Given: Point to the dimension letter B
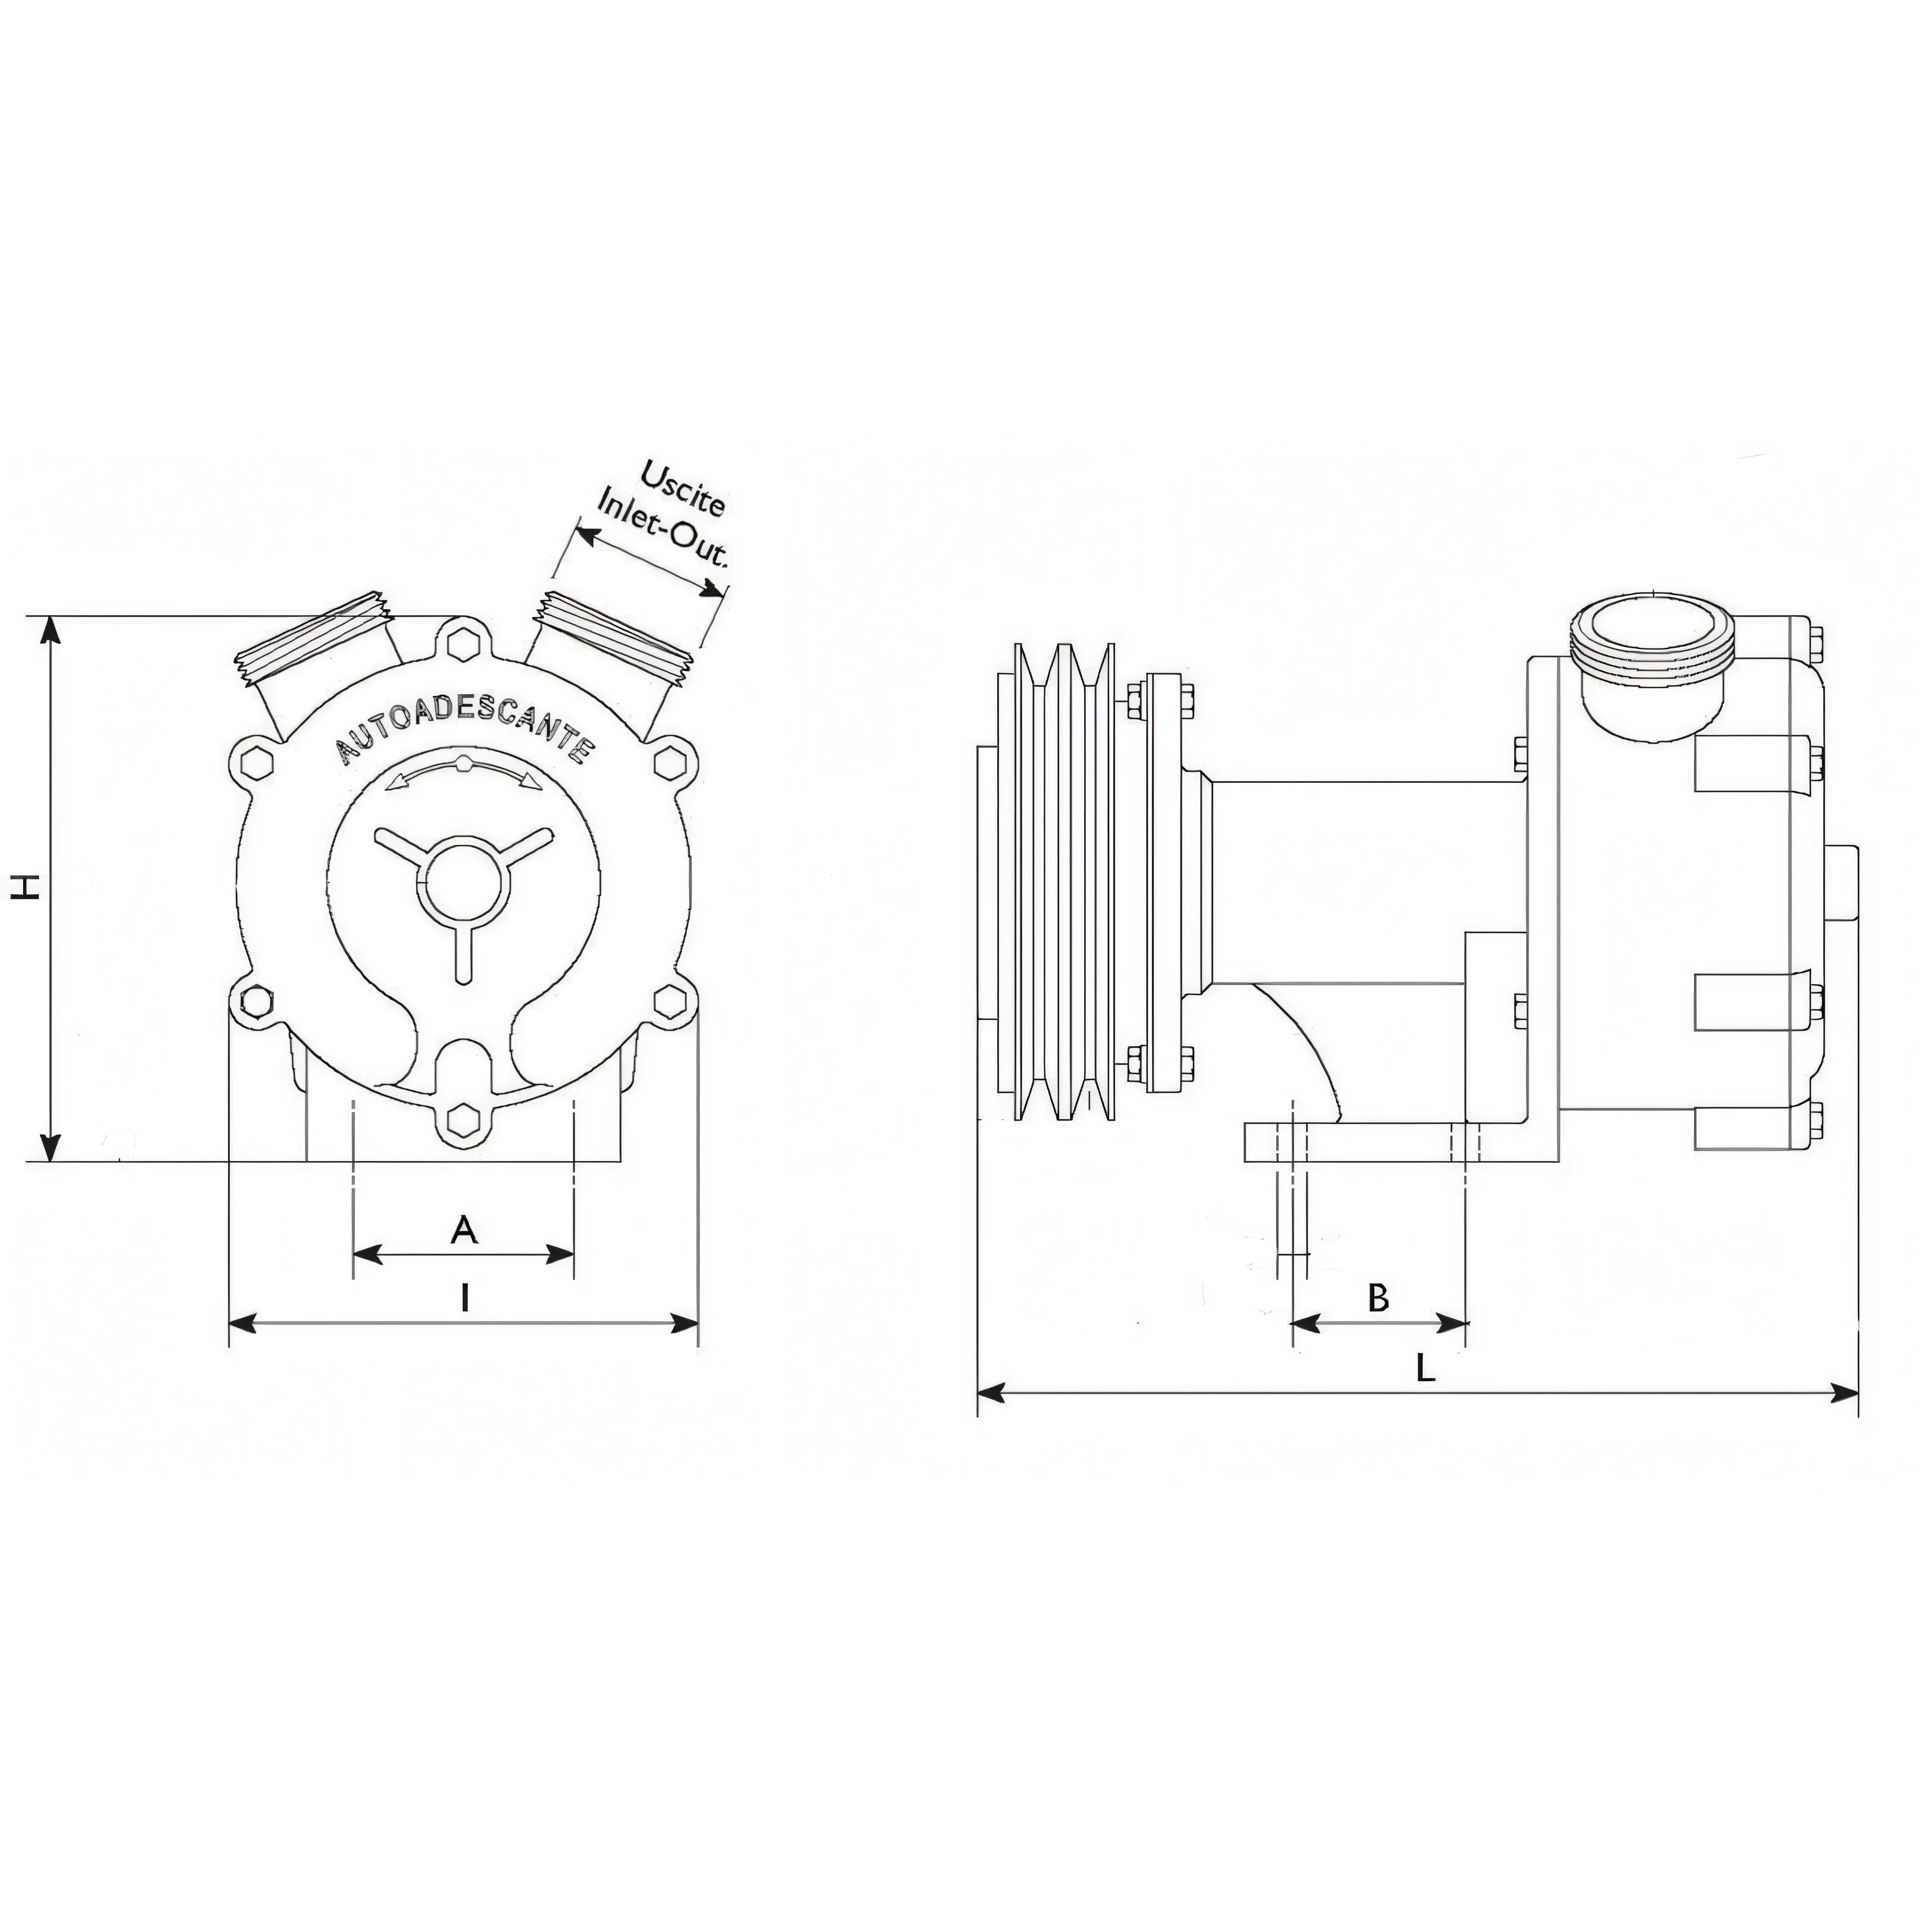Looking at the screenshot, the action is tap(1378, 1298).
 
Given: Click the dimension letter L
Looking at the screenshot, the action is tap(1426, 1368).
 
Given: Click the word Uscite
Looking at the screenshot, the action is tap(683, 488).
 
